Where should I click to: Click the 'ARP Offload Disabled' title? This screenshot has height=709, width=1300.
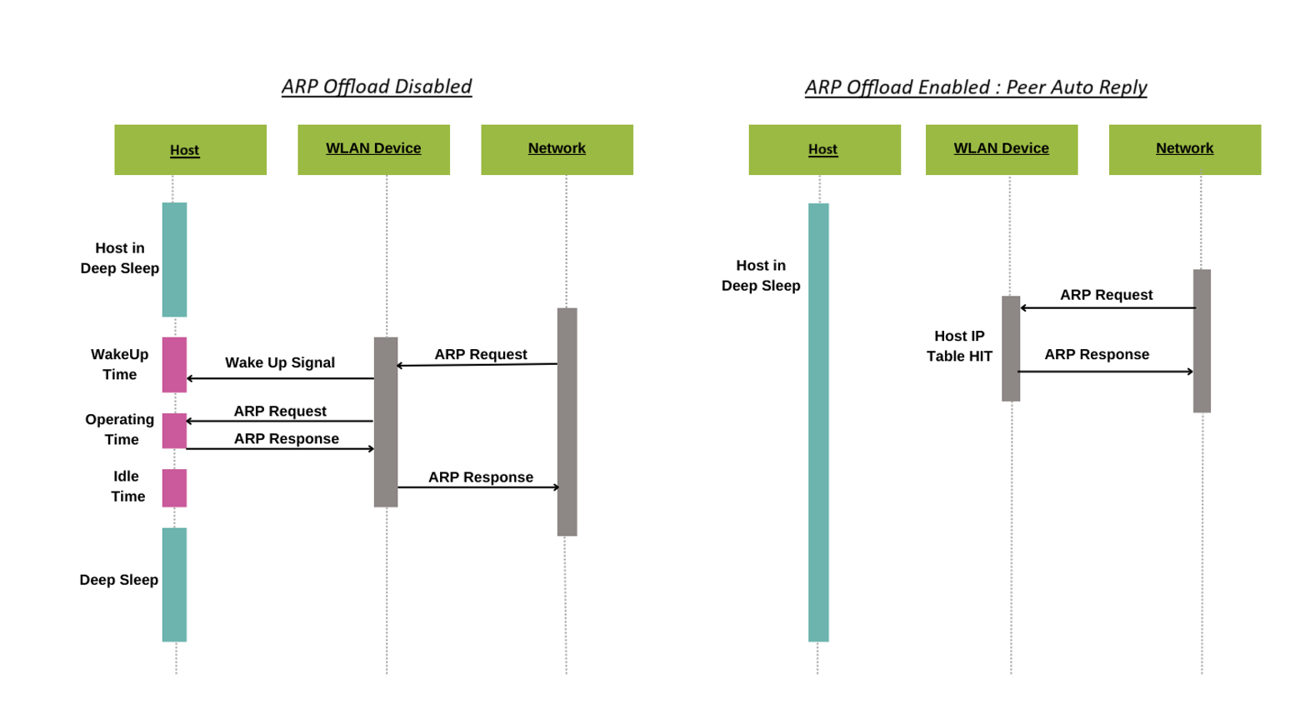tap(377, 87)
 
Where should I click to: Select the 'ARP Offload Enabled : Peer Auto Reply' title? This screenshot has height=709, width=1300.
tap(976, 87)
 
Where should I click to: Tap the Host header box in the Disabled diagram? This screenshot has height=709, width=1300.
tap(190, 150)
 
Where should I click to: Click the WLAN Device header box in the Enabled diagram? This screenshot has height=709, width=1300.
tap(1001, 149)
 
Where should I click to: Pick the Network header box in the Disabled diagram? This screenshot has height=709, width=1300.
tap(557, 149)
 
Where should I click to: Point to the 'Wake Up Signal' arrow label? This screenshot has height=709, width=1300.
tap(280, 362)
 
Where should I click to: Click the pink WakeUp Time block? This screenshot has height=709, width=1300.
tap(174, 364)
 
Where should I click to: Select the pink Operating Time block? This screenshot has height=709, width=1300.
tap(174, 431)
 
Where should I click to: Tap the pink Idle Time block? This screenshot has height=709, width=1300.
tap(174, 487)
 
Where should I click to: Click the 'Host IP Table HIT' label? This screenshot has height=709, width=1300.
tap(959, 346)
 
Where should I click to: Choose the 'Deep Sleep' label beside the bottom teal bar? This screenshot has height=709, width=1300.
tap(119, 580)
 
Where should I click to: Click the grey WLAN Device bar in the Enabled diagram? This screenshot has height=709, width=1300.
tap(1011, 348)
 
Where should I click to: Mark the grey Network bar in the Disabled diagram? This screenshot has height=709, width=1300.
tap(567, 422)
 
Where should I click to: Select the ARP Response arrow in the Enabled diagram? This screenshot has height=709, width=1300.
tap(1106, 372)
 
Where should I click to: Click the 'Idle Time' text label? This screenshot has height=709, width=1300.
tap(127, 487)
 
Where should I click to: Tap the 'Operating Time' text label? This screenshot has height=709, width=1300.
tap(120, 429)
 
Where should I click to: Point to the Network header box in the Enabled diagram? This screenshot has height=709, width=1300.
tap(1184, 149)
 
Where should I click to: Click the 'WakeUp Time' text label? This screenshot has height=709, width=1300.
tap(120, 364)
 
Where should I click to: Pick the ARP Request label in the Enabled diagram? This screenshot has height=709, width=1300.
tap(1106, 295)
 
